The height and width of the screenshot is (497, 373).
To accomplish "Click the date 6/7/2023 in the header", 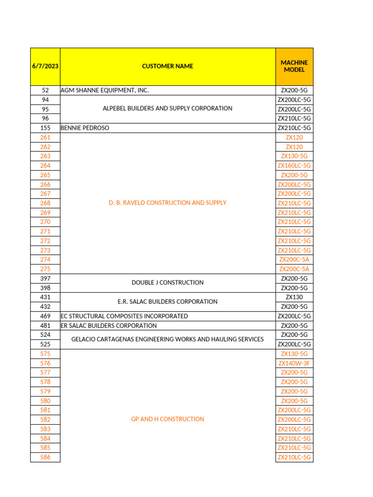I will (x=45, y=66).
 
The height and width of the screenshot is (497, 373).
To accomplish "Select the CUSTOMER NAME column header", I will (x=168, y=66).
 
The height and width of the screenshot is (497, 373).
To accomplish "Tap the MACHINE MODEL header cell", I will (x=294, y=66).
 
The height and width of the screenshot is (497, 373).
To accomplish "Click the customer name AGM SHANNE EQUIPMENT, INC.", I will (x=104, y=90).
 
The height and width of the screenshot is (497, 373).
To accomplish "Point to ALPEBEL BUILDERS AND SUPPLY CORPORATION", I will (x=168, y=109).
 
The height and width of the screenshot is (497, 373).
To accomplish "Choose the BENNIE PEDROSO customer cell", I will (x=85, y=128).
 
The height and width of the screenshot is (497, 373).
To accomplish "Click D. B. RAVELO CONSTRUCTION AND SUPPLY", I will (x=168, y=203).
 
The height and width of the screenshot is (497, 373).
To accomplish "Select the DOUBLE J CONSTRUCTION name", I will (x=168, y=282).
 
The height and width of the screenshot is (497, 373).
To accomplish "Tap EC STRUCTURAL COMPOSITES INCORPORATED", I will (x=124, y=316).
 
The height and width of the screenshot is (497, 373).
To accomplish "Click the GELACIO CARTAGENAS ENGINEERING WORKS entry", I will (x=168, y=339).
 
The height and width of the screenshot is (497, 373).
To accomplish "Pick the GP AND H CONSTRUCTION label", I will (x=168, y=419).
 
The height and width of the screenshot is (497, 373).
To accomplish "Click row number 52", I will (x=45, y=90).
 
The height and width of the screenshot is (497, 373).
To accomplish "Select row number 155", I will (x=45, y=128).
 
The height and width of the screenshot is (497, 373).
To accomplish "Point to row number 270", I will (x=45, y=222).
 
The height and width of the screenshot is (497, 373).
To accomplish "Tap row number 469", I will (x=45, y=316).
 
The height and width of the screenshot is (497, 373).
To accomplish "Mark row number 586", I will (x=45, y=457).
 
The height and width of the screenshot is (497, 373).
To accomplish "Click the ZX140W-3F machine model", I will (x=294, y=363).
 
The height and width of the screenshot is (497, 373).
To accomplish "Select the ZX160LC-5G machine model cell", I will (x=294, y=166).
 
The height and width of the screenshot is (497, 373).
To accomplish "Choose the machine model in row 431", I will (x=294, y=297).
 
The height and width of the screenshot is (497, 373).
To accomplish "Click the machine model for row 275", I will (x=294, y=269).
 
